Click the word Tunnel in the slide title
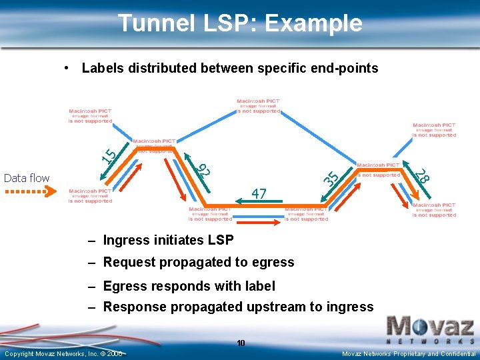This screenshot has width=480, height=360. coord(154,23)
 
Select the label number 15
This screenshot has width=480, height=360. coord(109,155)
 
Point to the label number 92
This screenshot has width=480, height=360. coord(204,169)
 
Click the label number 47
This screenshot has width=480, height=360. coord(259,194)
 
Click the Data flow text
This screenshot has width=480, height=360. coord(27,178)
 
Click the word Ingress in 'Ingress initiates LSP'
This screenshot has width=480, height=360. coord(127,240)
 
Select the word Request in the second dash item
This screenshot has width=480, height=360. coord(127,262)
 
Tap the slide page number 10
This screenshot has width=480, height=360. coord(241,343)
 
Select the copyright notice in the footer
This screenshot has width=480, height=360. coord(63,353)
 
